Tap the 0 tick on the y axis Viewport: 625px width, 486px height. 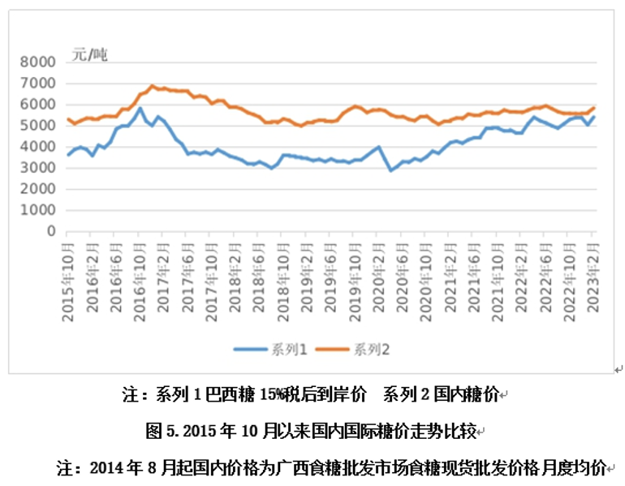[50, 231]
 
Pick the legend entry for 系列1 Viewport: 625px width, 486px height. [272, 350]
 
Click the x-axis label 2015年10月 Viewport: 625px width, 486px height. [70, 273]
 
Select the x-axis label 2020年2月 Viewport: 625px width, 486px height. [379, 273]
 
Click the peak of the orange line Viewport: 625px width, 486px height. [152, 85]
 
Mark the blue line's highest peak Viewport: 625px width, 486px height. [140, 108]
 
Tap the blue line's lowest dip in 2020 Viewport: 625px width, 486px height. [390, 170]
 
